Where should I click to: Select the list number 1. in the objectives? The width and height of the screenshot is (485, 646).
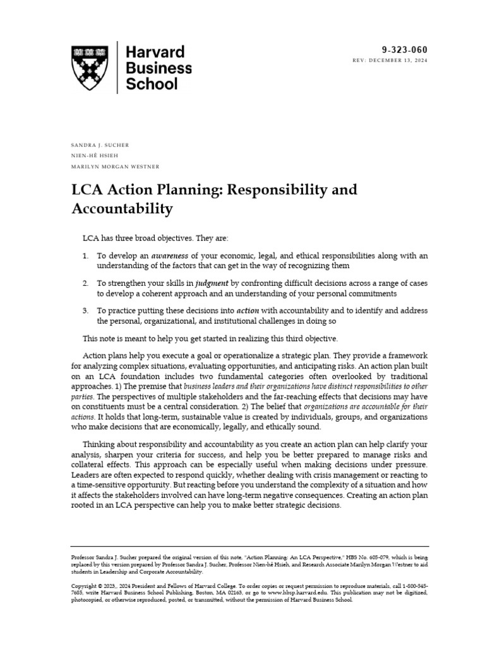[86, 255]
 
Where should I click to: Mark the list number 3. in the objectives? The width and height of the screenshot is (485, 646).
[86, 311]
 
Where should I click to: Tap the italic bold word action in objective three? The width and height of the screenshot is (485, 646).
[248, 311]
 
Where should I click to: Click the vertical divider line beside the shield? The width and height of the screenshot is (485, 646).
[118, 68]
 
